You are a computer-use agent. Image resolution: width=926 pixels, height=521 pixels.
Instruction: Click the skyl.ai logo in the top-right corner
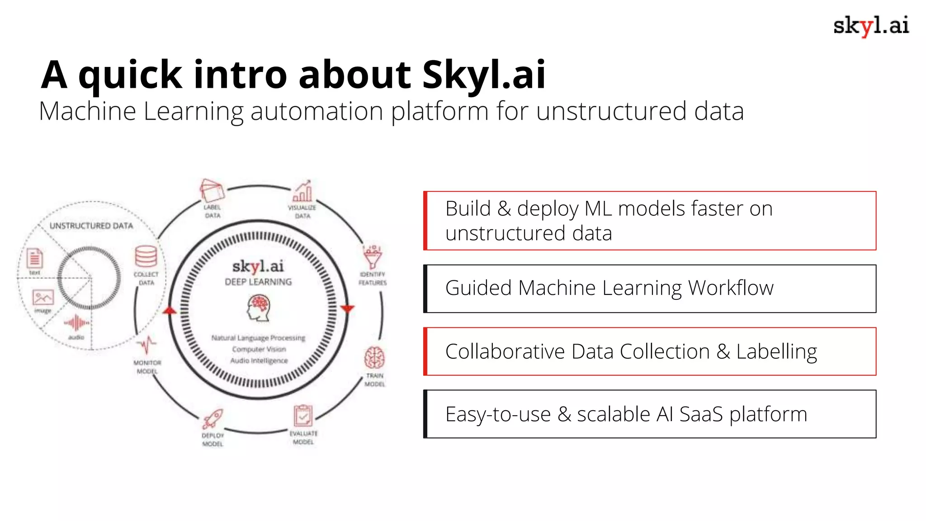tap(870, 26)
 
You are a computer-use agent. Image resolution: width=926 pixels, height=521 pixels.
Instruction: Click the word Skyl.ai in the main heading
tap(484, 75)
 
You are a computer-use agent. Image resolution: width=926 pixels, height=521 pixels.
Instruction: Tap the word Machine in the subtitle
tap(87, 111)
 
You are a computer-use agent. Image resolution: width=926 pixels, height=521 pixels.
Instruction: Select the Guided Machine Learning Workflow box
tap(650, 289)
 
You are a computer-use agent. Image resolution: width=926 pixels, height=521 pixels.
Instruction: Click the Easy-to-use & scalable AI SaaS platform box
tap(650, 414)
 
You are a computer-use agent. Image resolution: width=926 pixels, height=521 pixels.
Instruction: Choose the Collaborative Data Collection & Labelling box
tap(650, 351)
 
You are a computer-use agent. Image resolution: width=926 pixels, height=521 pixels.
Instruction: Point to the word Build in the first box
tap(468, 209)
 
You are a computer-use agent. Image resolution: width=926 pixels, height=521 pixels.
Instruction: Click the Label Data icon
tap(212, 191)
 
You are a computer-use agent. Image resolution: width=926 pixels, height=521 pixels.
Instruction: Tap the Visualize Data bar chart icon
tap(302, 191)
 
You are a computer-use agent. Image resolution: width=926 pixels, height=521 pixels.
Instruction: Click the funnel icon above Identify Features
tap(373, 257)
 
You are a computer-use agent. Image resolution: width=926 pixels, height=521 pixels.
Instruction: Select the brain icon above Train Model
tap(374, 358)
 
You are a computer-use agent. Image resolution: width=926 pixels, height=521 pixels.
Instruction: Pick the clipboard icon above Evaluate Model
tap(302, 416)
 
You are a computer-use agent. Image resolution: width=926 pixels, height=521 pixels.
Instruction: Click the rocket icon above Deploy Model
tap(213, 419)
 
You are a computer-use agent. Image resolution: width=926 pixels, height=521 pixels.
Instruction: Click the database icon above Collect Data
tap(146, 256)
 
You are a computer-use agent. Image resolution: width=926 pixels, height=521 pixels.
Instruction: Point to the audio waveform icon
tap(76, 323)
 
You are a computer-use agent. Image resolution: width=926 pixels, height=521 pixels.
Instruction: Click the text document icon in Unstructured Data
tap(35, 259)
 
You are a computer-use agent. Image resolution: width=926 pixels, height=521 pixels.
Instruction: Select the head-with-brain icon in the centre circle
tap(259, 308)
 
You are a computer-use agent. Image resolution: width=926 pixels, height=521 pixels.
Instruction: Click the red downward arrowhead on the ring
tap(347, 309)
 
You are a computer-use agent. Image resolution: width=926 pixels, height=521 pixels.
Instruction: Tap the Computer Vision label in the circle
tap(259, 349)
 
